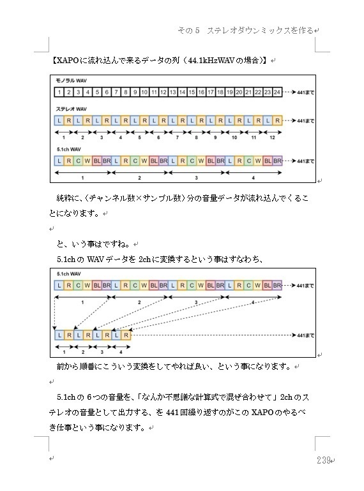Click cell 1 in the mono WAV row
(59, 92)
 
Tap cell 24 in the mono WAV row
(277, 92)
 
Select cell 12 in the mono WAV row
(163, 92)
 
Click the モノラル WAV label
(72, 82)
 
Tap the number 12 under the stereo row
(272, 137)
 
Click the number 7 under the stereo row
(178, 137)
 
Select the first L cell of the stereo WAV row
(59, 121)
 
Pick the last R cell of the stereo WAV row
(277, 121)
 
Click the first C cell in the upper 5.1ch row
(78, 161)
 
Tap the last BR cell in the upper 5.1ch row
(277, 161)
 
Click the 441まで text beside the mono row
(305, 92)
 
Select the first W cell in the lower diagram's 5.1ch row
(87, 285)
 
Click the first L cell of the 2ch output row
(59, 335)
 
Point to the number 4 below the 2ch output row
(121, 351)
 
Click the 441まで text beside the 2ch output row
(305, 335)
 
